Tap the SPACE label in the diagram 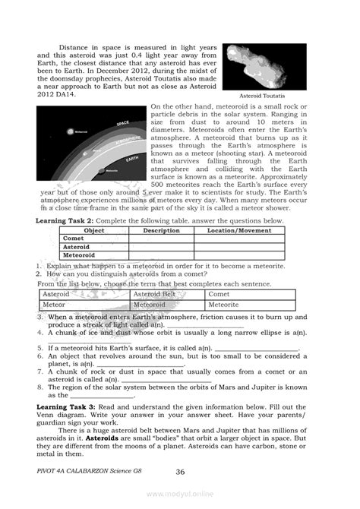point(122,122)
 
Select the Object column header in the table point(93,229)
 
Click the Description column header point(161,229)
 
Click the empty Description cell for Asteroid point(161,247)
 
